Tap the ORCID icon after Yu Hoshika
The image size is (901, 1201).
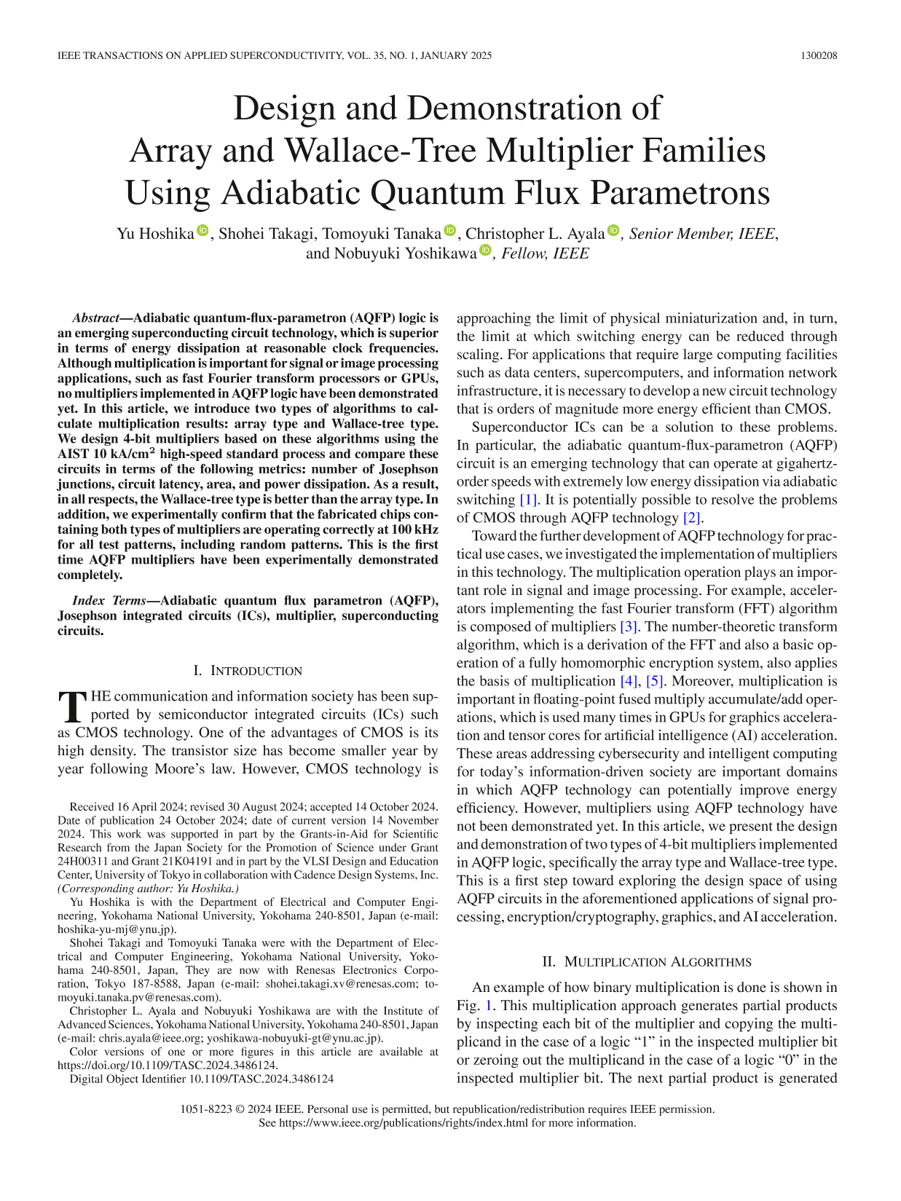[202, 232]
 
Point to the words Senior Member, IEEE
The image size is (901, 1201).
[702, 233]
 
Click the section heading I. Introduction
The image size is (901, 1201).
[248, 671]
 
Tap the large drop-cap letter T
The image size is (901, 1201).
[72, 706]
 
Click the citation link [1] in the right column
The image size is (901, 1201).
[527, 500]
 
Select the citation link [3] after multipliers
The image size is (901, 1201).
[629, 626]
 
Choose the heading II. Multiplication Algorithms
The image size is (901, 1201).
[647, 962]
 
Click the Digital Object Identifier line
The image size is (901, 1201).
[202, 1079]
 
